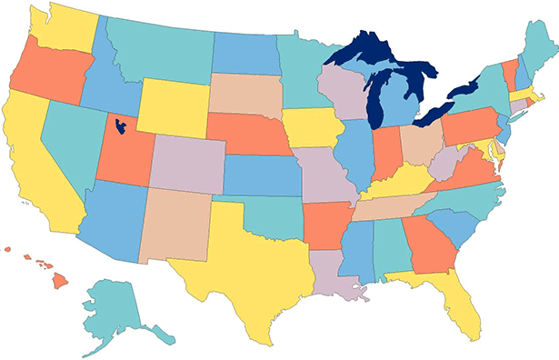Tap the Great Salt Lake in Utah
(119, 125)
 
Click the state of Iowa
(313, 127)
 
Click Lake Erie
(436, 113)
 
